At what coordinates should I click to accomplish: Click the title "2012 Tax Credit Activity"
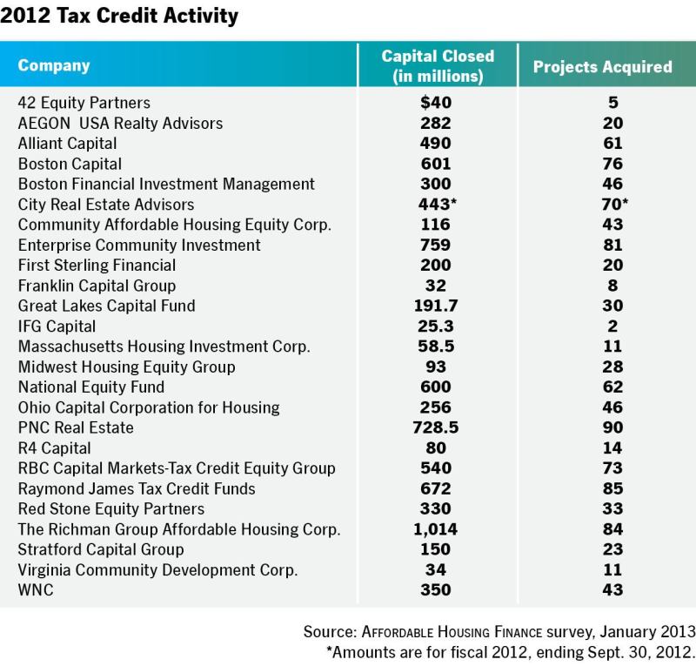click(119, 16)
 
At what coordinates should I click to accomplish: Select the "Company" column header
click(54, 66)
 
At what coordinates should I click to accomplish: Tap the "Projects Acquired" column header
click(602, 67)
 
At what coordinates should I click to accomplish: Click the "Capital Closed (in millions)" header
click(438, 66)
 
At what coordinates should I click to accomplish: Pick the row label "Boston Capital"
click(70, 164)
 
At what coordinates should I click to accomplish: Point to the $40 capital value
click(436, 103)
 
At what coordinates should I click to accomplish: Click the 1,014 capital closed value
click(436, 529)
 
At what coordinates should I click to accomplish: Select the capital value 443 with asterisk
click(438, 204)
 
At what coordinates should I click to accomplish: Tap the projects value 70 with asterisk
click(615, 204)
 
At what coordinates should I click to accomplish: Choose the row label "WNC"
click(36, 590)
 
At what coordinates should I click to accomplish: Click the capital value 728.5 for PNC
click(436, 427)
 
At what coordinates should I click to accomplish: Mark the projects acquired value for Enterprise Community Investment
click(612, 245)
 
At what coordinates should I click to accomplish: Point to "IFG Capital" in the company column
click(57, 326)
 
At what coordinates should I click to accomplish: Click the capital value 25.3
click(436, 326)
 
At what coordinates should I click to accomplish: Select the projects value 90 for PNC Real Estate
click(612, 427)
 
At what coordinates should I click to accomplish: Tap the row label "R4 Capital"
click(54, 448)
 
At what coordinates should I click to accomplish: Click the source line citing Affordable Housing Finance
click(499, 632)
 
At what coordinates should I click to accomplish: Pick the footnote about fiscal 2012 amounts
click(511, 652)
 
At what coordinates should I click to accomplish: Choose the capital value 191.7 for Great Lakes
click(436, 306)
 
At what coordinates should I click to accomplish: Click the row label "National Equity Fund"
click(91, 387)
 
